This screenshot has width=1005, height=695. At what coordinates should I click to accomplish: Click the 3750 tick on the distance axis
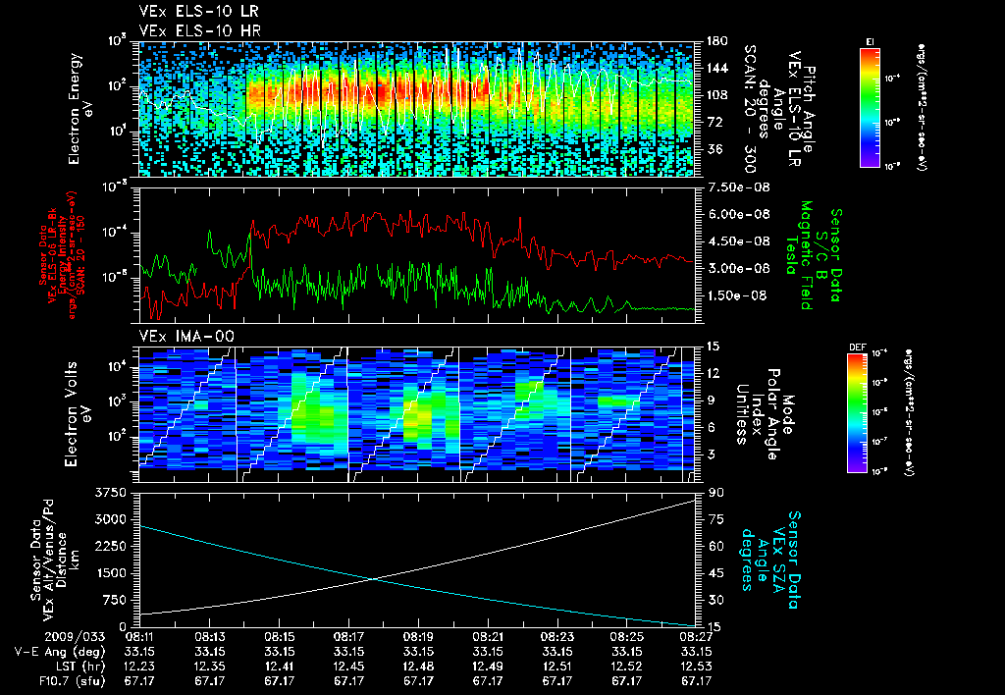[x=114, y=492]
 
